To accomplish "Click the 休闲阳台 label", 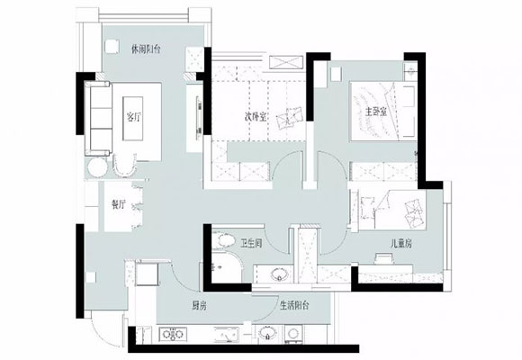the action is tap(146, 49).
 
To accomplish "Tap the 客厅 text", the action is tap(133, 117).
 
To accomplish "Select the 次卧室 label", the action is tap(256, 117).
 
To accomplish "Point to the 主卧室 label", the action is tap(376, 112).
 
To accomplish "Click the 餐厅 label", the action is tap(119, 204).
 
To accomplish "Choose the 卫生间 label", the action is tap(251, 243).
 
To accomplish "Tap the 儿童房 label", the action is tap(400, 244).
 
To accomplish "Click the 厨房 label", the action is tap(199, 305).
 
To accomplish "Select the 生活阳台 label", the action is tap(294, 305).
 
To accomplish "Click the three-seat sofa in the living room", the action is tap(98, 118).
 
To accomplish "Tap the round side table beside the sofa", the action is tap(97, 167).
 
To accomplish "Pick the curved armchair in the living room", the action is tap(125, 165).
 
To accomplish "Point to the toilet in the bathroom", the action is tap(223, 241).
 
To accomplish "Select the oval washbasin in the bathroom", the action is tap(279, 274).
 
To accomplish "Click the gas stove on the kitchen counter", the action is tap(173, 334).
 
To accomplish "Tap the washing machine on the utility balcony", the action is tap(293, 334).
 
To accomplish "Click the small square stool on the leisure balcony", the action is tap(112, 46).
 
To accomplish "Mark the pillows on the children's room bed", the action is tap(413, 212).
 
